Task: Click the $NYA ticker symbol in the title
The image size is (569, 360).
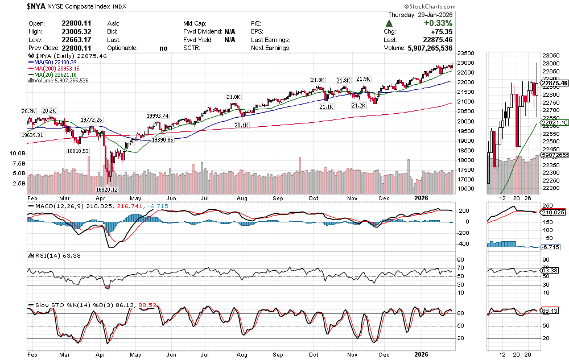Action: (x=36, y=6)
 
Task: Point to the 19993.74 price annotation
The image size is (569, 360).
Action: (x=158, y=116)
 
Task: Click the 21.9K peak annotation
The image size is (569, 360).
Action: (x=362, y=78)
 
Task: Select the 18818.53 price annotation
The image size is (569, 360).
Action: (x=77, y=151)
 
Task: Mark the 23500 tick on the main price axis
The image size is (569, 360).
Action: (x=467, y=53)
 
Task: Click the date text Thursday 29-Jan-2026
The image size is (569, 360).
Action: (x=420, y=15)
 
